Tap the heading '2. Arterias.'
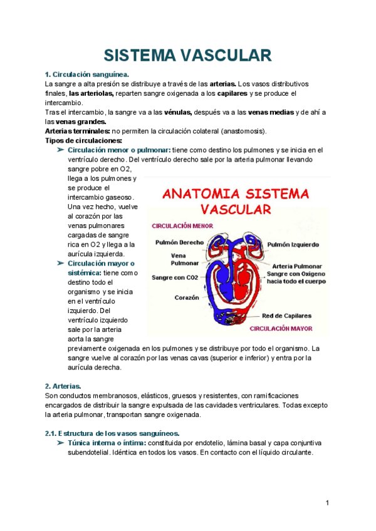pyautogui.click(x=63, y=386)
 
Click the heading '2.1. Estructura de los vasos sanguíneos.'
pyautogui.click(x=112, y=433)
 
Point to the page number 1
pyautogui.click(x=327, y=503)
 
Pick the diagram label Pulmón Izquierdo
pyautogui.click(x=294, y=245)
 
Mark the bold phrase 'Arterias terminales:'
pyautogui.click(x=76, y=131)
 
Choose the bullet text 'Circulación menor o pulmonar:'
pyautogui.click(x=118, y=150)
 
